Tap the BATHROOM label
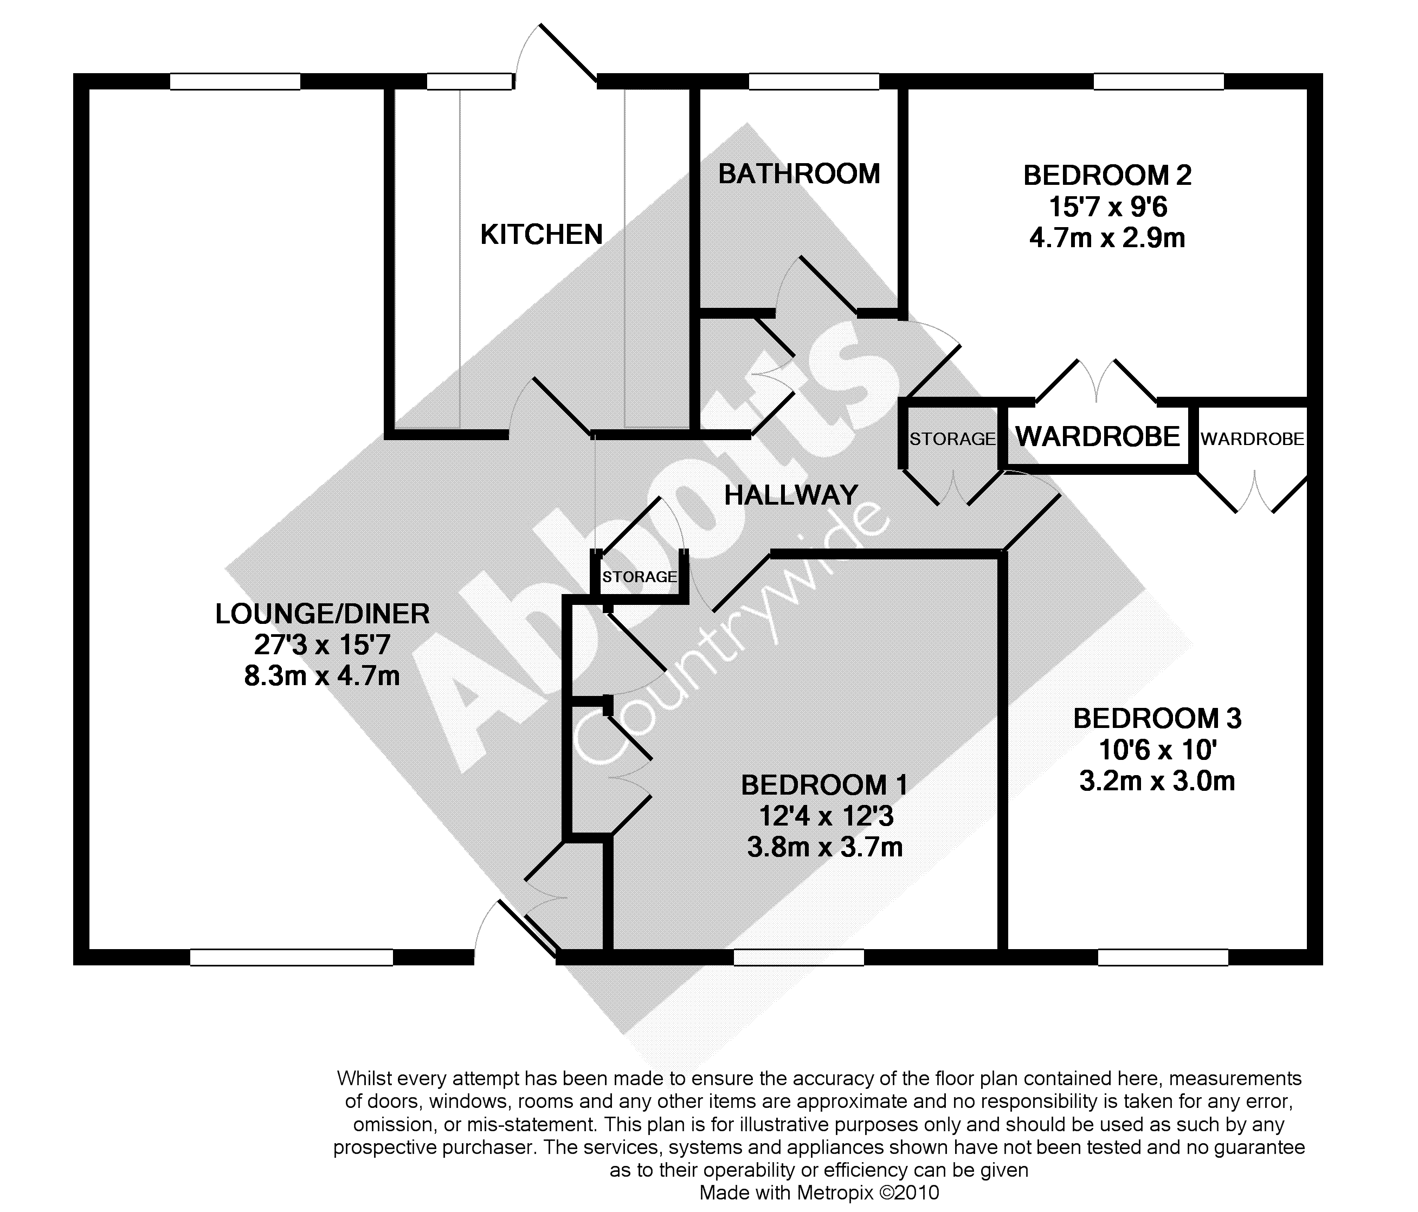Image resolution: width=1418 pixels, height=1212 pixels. pyautogui.click(x=798, y=174)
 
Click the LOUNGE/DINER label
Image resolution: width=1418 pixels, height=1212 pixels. pyautogui.click(x=323, y=614)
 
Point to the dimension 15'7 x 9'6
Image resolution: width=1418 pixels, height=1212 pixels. pyautogui.click(x=1107, y=207)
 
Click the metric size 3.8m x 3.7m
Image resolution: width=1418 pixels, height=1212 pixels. pyautogui.click(x=824, y=847)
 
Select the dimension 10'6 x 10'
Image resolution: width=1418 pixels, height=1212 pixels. pyautogui.click(x=1157, y=750)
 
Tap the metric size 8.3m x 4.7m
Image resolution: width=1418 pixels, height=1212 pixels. pyautogui.click(x=323, y=676)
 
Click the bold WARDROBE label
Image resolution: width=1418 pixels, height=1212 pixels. pyautogui.click(x=1098, y=436)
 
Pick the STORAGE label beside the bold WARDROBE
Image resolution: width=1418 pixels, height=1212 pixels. pyautogui.click(x=952, y=439)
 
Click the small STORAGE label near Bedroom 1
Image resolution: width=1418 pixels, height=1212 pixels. pyautogui.click(x=639, y=577)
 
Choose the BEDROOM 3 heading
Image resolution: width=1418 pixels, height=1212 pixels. pyautogui.click(x=1157, y=719)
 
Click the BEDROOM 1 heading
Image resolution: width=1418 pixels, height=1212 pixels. pyautogui.click(x=824, y=785)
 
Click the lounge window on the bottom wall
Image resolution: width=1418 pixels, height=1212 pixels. pyautogui.click(x=291, y=957)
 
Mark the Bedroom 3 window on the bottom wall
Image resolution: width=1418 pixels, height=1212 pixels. pyautogui.click(x=1163, y=957)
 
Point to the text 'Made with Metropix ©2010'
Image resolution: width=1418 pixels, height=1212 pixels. pyautogui.click(x=819, y=1193)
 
